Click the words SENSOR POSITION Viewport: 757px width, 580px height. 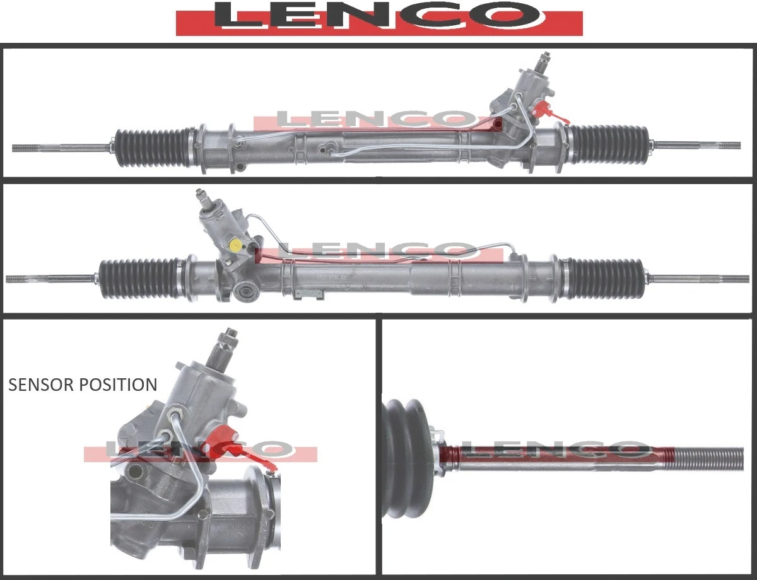[83, 385]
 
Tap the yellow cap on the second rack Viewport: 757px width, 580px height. [235, 245]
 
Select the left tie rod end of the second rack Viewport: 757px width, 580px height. [38, 278]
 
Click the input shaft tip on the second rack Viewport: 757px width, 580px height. [200, 194]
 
